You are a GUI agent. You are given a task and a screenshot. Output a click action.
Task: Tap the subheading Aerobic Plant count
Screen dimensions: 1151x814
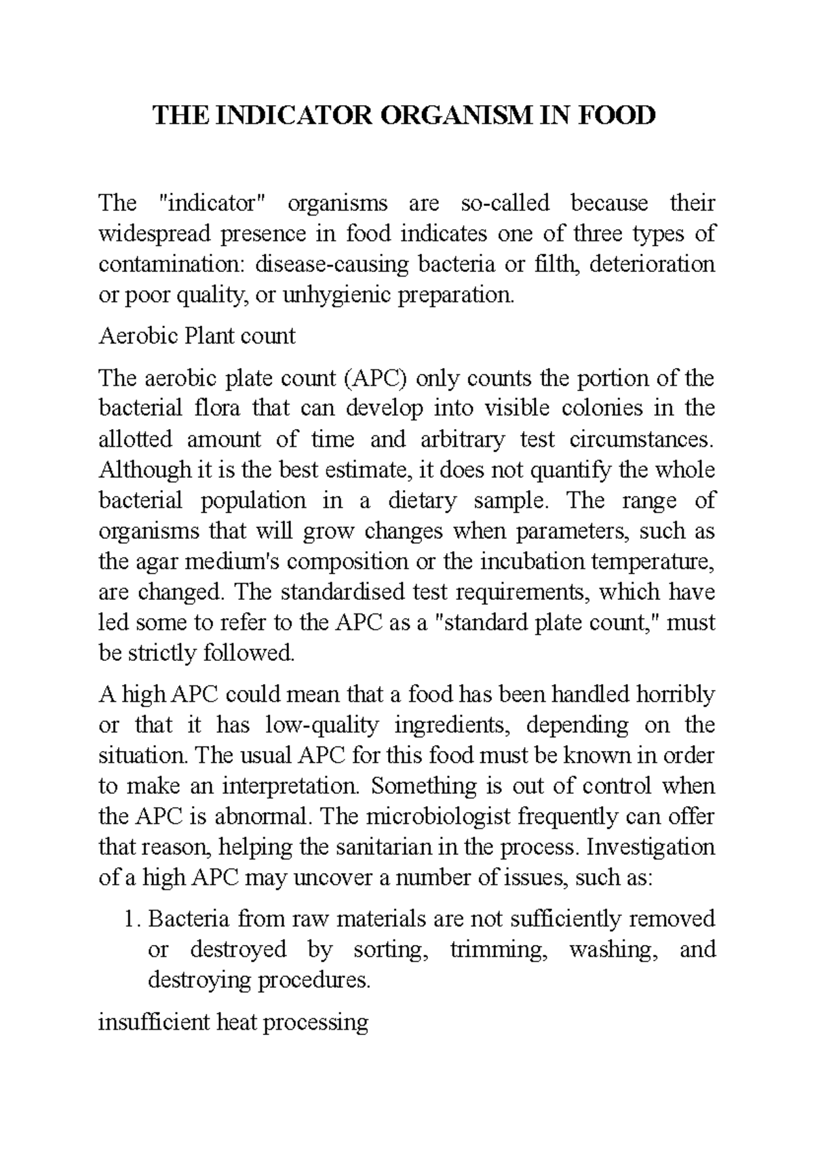(x=197, y=336)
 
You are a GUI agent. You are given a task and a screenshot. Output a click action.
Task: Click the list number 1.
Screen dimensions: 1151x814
(x=131, y=919)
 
